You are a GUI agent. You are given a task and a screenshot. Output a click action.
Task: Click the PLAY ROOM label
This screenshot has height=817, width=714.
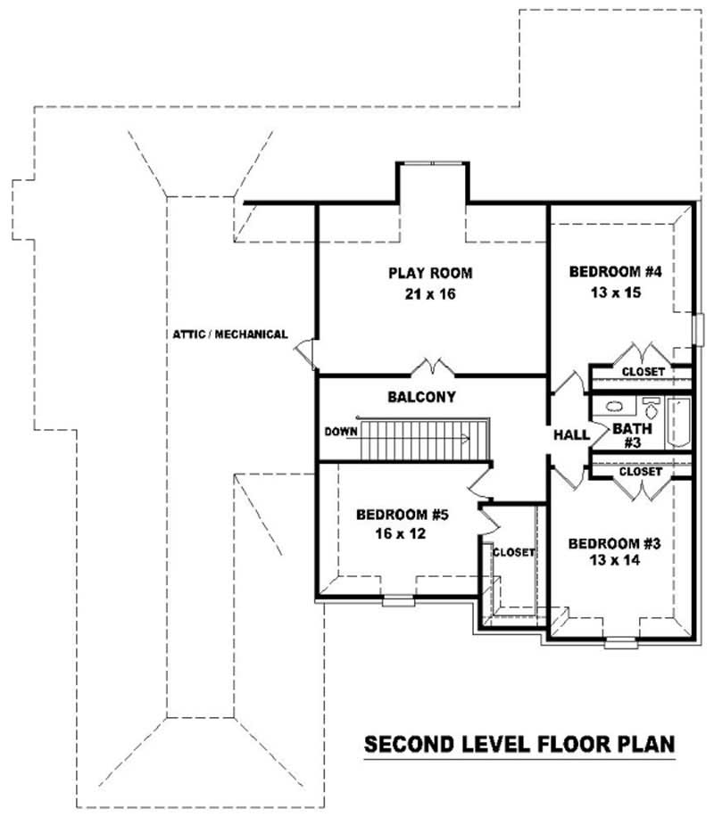point(429,273)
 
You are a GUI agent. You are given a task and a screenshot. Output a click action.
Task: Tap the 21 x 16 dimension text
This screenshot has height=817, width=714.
point(429,294)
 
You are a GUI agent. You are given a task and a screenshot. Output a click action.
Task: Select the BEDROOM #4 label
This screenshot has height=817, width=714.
point(615,271)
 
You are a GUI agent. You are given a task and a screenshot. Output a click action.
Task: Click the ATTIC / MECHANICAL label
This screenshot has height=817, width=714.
point(230,334)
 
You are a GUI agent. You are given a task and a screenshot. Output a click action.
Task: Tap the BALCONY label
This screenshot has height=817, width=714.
point(422,397)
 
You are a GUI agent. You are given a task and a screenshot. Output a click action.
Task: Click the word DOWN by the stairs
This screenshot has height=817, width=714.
point(341,431)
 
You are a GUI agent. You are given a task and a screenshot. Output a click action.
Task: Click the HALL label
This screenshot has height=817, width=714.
point(571,435)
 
